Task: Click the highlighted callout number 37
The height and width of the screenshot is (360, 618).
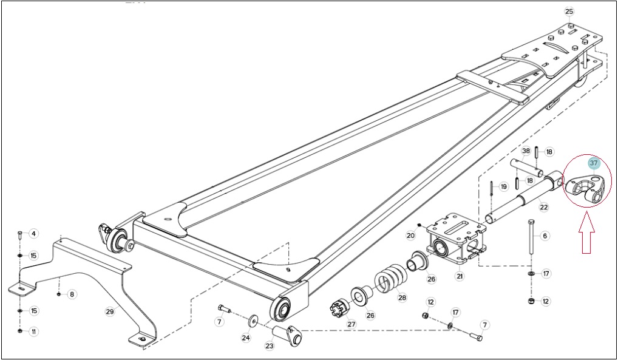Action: pos(594,163)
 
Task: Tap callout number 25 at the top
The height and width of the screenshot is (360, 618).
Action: pos(569,12)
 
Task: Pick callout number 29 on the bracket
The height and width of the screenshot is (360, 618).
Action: pos(109,311)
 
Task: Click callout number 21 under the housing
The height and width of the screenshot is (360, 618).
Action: pos(460,276)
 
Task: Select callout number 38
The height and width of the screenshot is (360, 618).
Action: pos(526,151)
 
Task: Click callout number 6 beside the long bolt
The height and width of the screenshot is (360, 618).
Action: pos(545,236)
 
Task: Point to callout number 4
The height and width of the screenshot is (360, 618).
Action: pos(33,234)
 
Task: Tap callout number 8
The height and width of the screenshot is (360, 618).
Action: pos(72,294)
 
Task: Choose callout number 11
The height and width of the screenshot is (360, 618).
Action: pos(33,331)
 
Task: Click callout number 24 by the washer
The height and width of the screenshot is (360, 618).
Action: pos(246,338)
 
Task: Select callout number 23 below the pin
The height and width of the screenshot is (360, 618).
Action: pos(269,346)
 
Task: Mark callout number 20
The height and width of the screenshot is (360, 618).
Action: pos(411,236)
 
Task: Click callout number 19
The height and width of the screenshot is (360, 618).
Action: pos(504,186)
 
